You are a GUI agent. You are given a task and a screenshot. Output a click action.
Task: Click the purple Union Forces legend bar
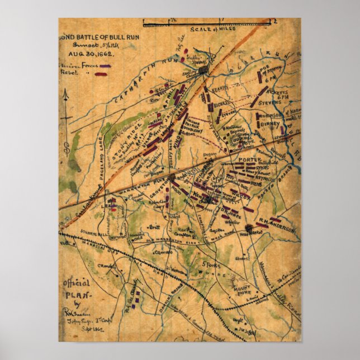point(105,66)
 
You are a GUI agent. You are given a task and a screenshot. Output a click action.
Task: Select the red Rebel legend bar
point(102,73)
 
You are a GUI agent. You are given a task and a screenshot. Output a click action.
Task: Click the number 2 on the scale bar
point(276,21)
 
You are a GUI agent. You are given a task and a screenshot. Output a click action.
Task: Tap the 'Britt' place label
point(150,228)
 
